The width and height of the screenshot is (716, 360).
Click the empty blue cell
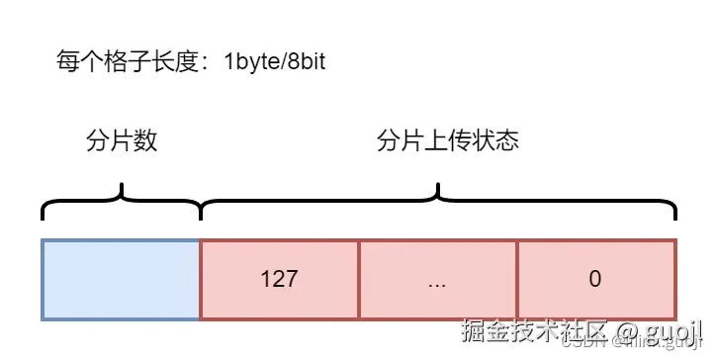click(x=121, y=280)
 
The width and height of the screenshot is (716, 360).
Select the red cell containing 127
click(x=280, y=280)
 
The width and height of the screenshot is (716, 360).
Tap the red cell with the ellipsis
click(x=438, y=280)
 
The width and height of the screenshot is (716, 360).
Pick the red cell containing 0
click(x=596, y=280)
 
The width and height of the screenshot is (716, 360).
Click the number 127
click(x=280, y=280)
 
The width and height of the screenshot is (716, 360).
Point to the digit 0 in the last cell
click(x=595, y=280)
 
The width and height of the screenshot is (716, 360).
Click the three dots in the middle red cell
click(x=438, y=282)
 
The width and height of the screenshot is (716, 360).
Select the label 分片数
click(x=122, y=140)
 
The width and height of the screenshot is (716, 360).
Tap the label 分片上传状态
click(x=448, y=140)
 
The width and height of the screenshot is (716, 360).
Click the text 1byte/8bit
click(x=275, y=63)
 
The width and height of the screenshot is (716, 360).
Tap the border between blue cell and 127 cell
click(x=201, y=280)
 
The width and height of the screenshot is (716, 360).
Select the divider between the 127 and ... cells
click(x=359, y=280)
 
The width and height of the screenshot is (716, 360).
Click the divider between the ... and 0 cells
click(x=517, y=280)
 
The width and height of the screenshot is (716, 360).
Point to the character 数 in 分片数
click(x=145, y=140)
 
